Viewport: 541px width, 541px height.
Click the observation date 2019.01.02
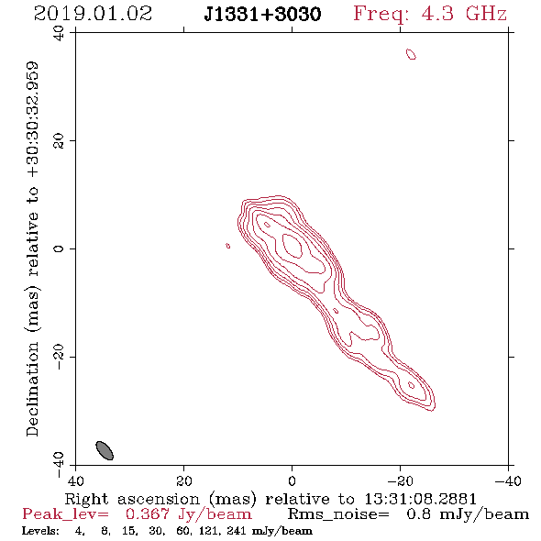tap(93, 14)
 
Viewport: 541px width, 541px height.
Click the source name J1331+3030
tap(262, 15)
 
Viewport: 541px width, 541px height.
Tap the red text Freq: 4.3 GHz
tap(430, 14)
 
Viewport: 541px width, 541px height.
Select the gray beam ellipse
tap(105, 450)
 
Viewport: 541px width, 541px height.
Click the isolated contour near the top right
tap(411, 54)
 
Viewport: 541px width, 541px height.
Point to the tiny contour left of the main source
tap(228, 246)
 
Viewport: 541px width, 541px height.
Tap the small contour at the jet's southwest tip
tap(411, 385)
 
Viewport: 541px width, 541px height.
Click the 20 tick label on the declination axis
tap(59, 141)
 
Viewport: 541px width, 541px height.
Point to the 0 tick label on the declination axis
tap(59, 248)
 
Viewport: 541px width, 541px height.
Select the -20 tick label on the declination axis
tap(59, 357)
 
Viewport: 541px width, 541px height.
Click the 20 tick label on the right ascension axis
tap(183, 480)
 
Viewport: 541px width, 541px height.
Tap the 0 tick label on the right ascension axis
tap(292, 480)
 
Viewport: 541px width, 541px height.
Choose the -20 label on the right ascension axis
tap(400, 480)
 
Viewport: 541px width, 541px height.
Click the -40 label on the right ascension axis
tap(508, 480)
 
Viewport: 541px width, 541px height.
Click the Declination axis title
tap(32, 249)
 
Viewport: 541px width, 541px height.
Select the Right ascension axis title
tap(270, 499)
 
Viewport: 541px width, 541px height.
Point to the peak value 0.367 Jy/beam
tap(188, 514)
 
